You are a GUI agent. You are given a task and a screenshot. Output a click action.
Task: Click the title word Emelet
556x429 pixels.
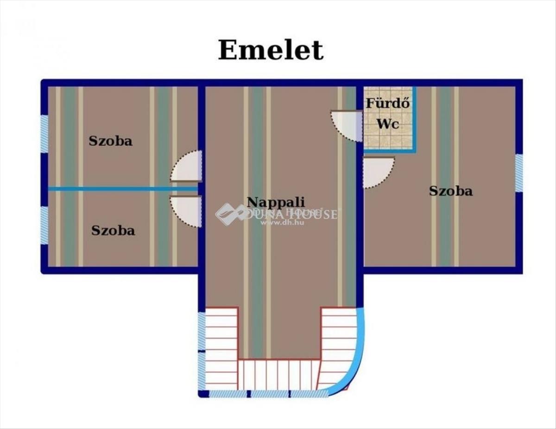(271, 50)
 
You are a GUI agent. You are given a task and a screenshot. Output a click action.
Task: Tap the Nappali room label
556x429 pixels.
(276, 202)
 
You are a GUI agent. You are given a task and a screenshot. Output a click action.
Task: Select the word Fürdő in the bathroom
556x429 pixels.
(388, 103)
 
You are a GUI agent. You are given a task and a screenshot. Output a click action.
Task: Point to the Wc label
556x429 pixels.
(387, 124)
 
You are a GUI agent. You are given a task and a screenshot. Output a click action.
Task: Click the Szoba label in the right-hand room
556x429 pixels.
(450, 191)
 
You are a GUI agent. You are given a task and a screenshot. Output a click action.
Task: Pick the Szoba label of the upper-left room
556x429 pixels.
(110, 141)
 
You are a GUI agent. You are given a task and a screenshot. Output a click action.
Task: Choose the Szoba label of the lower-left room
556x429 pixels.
(113, 230)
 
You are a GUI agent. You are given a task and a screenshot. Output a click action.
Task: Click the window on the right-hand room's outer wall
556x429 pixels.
(519, 173)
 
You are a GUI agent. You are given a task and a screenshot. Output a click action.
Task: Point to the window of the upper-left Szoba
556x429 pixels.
(44, 134)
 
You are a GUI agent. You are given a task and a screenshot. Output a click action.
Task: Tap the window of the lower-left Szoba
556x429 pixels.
(44, 225)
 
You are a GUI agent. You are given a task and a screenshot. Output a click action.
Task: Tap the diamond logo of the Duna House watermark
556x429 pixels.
(229, 214)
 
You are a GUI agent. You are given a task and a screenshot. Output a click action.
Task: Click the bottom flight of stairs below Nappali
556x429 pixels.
(278, 375)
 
